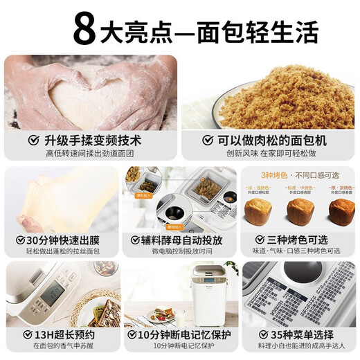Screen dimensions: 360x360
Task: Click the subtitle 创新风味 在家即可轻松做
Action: tap(270, 153)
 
